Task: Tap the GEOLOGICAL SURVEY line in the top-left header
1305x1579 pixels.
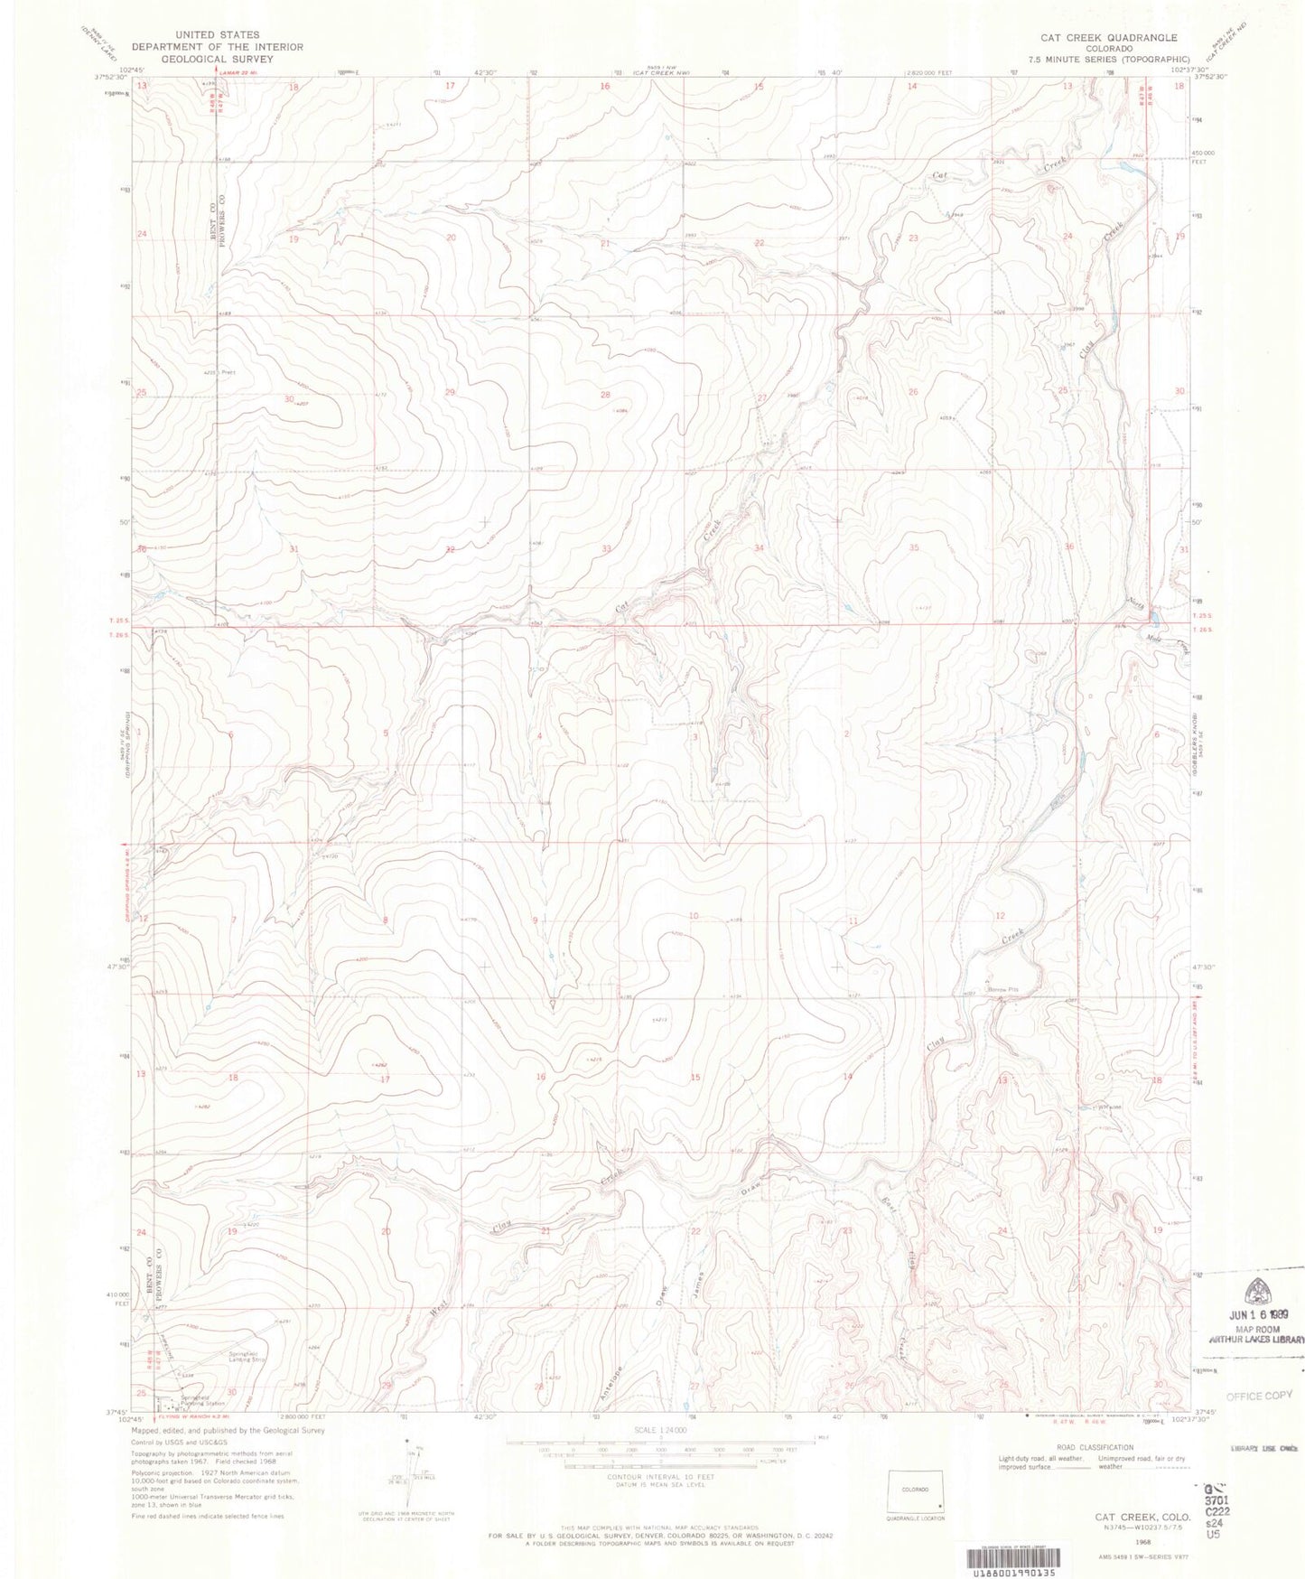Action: coord(217,59)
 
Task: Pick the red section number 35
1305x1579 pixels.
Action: coord(914,547)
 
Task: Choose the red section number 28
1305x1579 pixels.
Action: coord(605,395)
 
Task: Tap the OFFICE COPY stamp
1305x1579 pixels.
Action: coord(1259,1396)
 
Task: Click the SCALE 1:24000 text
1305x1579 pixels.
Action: coord(660,1430)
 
